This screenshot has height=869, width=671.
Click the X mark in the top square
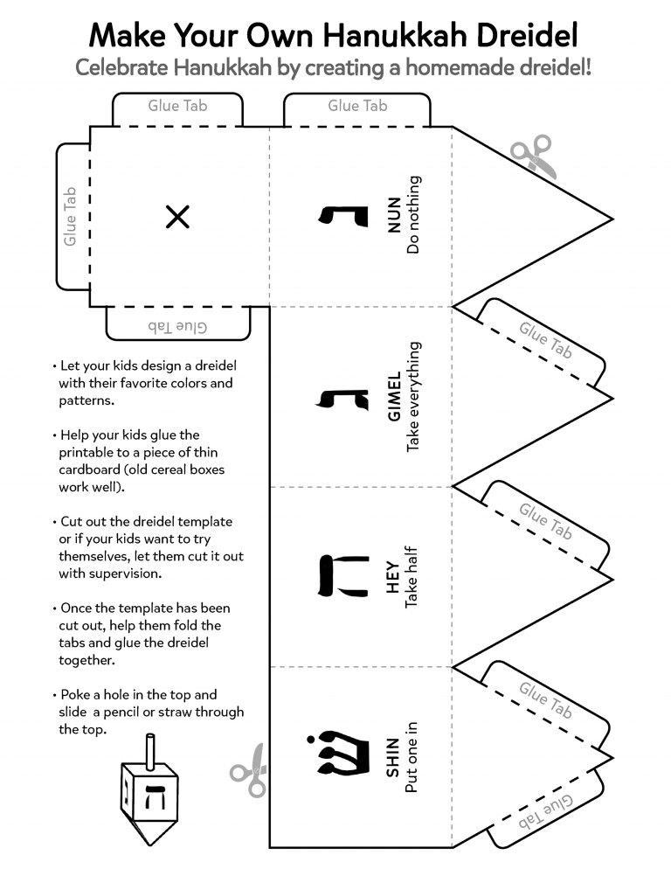[x=177, y=217]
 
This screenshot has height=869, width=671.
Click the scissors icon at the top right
[x=532, y=156]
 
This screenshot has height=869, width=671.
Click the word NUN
[x=393, y=216]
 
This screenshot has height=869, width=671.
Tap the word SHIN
[x=393, y=757]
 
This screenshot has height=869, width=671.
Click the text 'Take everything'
[x=413, y=397]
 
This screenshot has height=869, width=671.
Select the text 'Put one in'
[x=413, y=757]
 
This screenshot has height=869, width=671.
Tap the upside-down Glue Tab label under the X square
[x=177, y=325]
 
